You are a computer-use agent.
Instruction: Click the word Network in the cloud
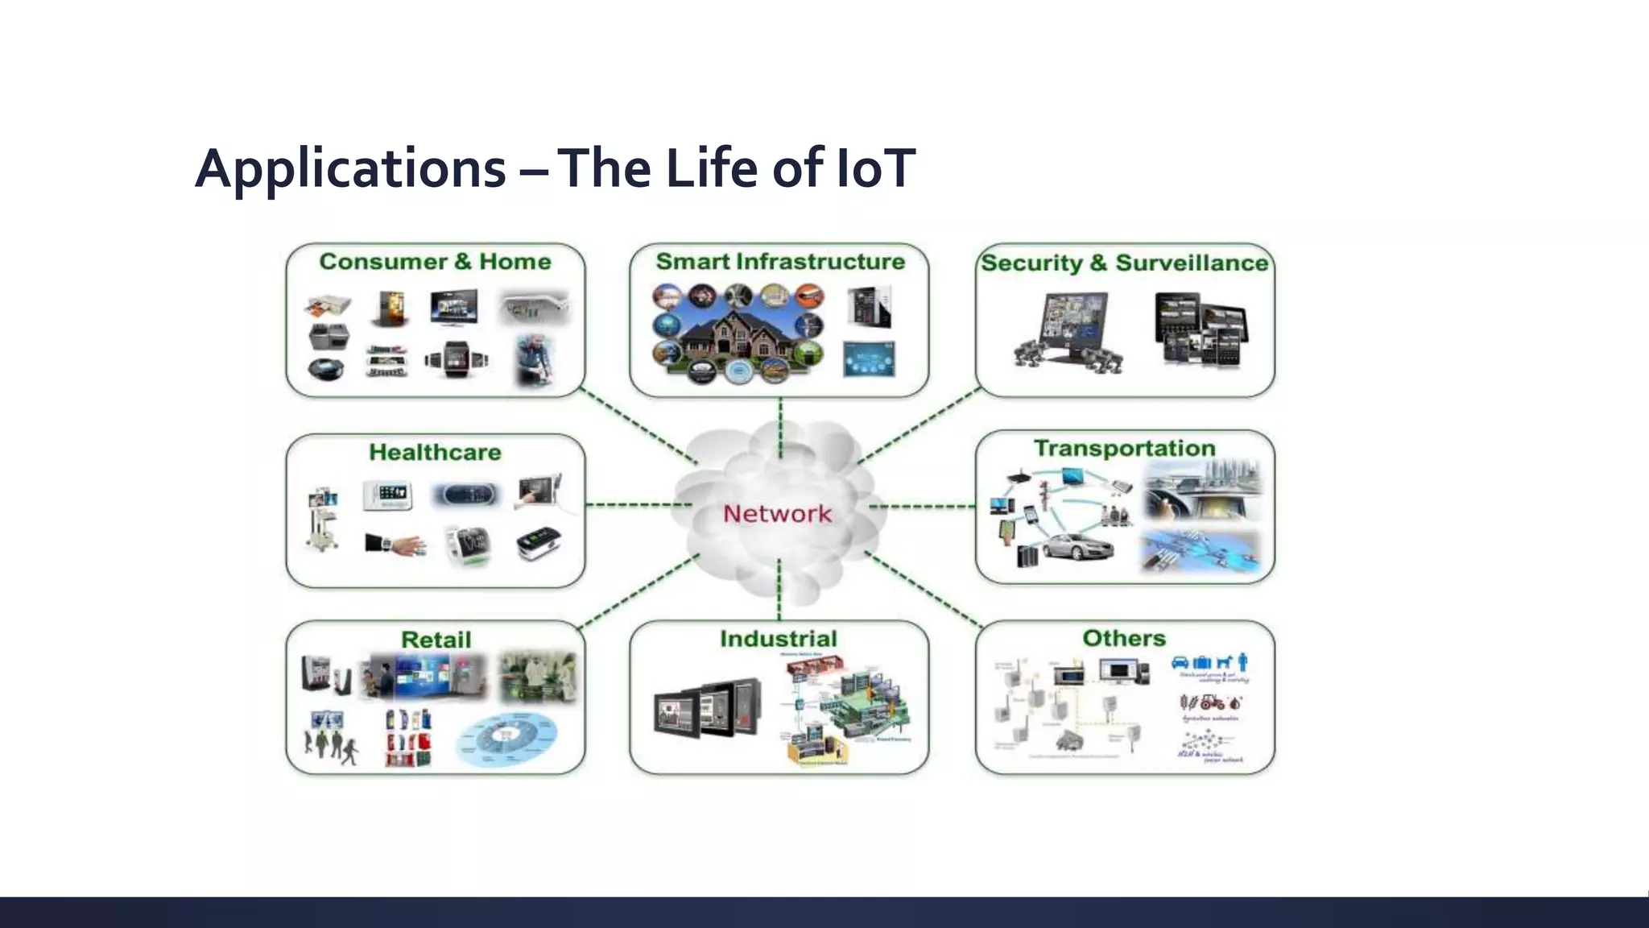click(777, 513)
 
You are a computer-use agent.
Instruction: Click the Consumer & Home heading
click(435, 262)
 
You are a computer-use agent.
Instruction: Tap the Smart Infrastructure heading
click(779, 262)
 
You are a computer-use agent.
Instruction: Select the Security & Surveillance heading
click(1124, 263)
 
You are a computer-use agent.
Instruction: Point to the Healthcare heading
click(435, 452)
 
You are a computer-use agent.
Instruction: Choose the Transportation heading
click(1124, 448)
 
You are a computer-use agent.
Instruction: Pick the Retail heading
click(436, 640)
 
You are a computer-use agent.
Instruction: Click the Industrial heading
click(779, 639)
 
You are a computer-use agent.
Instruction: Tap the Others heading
click(1124, 638)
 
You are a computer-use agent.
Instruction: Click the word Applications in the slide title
click(350, 168)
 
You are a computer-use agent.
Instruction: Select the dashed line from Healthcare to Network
click(638, 505)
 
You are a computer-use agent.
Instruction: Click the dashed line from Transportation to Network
click(923, 507)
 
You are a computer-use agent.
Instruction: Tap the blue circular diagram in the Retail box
click(506, 739)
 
